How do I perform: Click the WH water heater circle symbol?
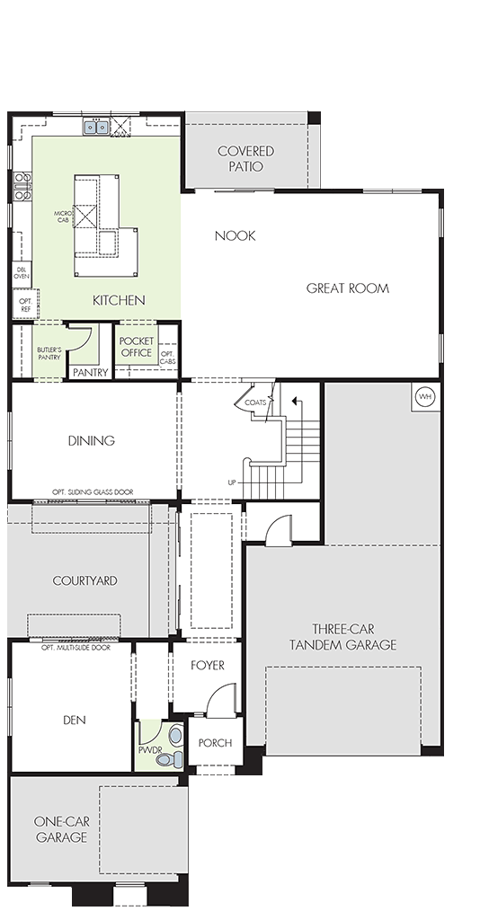[x=425, y=397]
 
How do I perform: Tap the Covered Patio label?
[x=246, y=158]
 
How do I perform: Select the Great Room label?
[x=347, y=288]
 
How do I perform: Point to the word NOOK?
[x=235, y=236]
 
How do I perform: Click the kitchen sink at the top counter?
[x=95, y=127]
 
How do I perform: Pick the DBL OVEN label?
[x=22, y=273]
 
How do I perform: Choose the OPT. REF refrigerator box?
[x=26, y=304]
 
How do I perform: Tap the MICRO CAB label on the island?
[x=63, y=217]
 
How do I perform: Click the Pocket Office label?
[x=136, y=347]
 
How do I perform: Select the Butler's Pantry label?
[x=49, y=353]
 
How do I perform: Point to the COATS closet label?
[x=255, y=402]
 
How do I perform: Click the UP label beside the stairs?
[x=232, y=482]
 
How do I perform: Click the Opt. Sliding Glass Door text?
[x=93, y=491]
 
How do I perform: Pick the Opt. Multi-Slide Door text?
[x=76, y=648]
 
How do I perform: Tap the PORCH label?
[x=216, y=743]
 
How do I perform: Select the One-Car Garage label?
[x=62, y=829]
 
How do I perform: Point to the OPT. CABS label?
[x=168, y=358]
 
